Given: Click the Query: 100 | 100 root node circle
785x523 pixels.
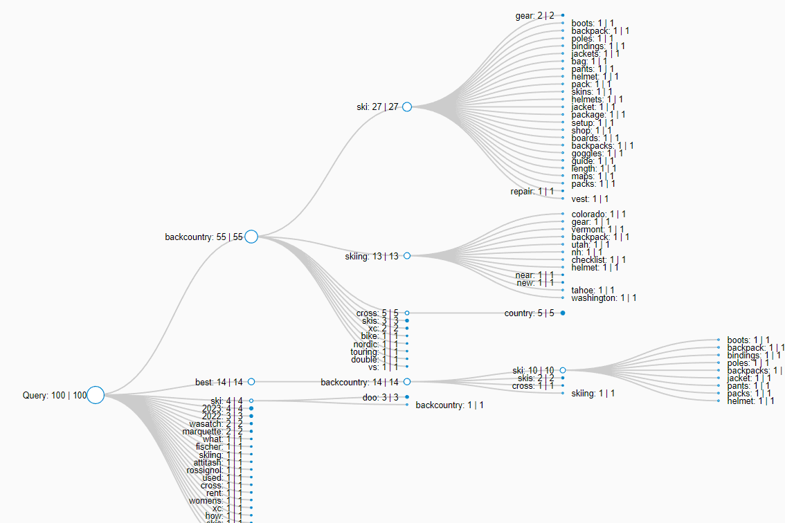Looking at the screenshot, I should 96,395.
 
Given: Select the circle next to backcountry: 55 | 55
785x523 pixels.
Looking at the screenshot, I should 251,237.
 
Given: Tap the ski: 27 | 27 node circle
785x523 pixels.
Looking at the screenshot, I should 407,107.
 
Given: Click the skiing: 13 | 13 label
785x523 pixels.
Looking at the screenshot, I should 372,256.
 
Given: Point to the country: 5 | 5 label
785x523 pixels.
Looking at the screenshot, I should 530,313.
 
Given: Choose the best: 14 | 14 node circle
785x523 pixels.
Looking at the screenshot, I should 251,382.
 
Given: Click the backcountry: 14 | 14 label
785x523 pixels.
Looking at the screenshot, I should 360,382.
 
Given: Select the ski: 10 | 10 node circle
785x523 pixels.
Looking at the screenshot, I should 563,371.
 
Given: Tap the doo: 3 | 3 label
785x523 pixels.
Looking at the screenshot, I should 381,397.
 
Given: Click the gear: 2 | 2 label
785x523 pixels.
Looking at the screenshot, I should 534,15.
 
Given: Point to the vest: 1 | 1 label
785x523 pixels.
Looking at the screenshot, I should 590,199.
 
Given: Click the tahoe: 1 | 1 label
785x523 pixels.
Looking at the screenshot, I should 593,291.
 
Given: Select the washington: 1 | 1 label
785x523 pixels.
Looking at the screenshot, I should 604,298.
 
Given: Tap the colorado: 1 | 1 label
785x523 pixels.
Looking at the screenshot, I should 599,214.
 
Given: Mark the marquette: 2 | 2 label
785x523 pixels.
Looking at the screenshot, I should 213,432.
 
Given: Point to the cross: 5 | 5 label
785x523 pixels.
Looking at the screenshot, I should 377,313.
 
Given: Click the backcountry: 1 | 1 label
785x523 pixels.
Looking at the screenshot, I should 449,405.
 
